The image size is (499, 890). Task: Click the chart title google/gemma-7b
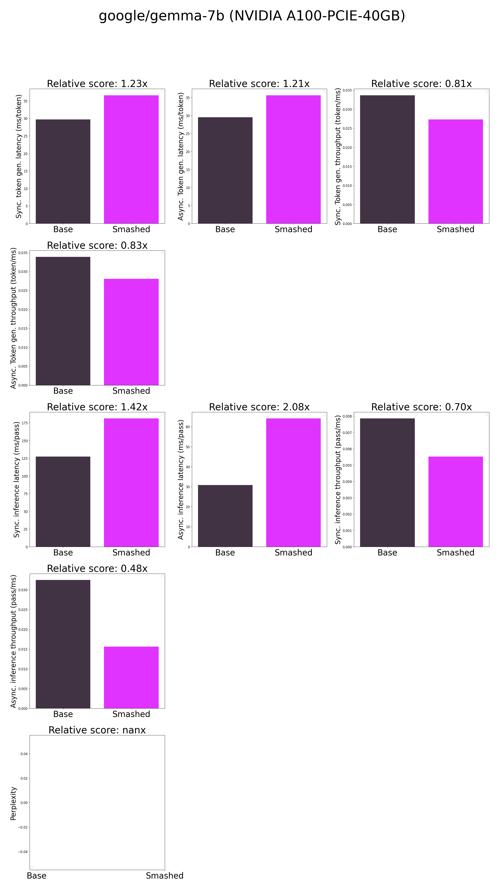click(x=252, y=16)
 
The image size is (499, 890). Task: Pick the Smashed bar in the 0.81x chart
click(x=456, y=171)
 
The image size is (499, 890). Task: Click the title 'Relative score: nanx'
click(x=97, y=730)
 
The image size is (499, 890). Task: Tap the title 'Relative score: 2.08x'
click(x=259, y=407)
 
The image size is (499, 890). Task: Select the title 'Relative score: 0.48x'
click(x=97, y=568)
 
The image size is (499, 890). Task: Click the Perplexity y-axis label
click(x=13, y=803)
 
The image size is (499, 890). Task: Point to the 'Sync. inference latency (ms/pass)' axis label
click(x=16, y=480)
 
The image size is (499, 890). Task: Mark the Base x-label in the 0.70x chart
click(x=387, y=552)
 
